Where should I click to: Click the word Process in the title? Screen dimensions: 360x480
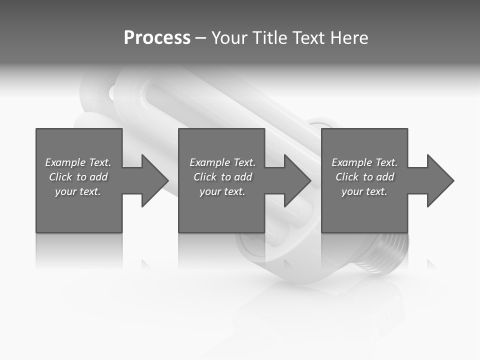point(157,38)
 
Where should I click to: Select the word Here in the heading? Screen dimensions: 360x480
point(349,38)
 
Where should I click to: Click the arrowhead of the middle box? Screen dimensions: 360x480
point(296,180)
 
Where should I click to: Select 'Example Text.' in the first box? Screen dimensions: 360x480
point(78,162)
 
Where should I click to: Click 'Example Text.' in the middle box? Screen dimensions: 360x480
point(222,162)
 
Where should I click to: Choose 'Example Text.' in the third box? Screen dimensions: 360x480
point(364,162)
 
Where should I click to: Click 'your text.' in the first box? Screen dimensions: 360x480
point(78,191)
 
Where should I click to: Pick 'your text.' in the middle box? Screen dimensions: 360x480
point(222,191)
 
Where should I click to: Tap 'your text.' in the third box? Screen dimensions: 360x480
point(364,191)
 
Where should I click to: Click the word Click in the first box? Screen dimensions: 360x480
point(61,177)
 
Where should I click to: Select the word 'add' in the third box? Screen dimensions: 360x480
point(385,177)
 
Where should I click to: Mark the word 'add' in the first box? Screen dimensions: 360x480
point(98,177)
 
